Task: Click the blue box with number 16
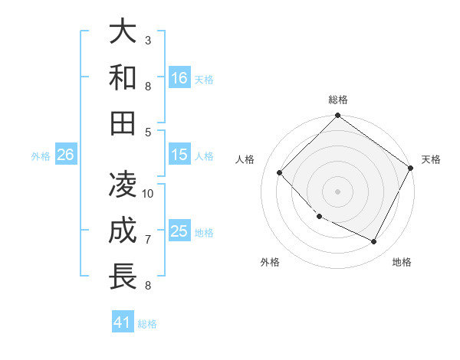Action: click(179, 78)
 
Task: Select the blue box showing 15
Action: click(179, 155)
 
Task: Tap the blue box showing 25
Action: click(179, 231)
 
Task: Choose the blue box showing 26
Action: click(65, 155)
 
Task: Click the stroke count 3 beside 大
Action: click(148, 40)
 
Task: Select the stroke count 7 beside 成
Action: click(148, 239)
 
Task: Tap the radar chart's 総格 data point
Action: click(337, 117)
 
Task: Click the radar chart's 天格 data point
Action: click(411, 168)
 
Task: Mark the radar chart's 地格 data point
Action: click(374, 242)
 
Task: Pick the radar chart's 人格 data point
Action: click(280, 172)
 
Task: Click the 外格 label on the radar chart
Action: click(270, 262)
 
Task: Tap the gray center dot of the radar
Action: click(337, 191)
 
